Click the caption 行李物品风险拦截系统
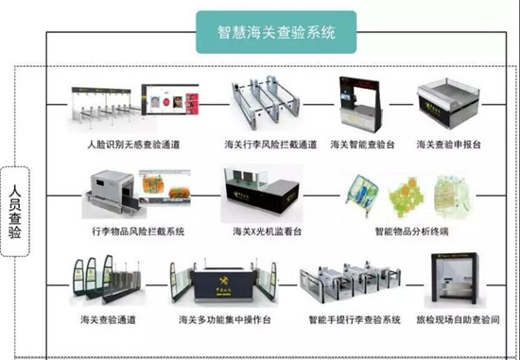click(138, 231)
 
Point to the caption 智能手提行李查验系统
click(348, 320)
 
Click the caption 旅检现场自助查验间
click(458, 320)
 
